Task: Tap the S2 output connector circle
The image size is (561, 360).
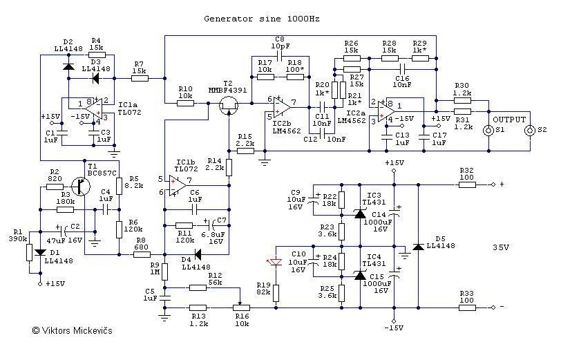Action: (x=530, y=130)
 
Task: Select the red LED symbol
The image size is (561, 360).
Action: (x=275, y=263)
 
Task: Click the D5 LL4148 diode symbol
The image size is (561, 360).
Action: (x=417, y=247)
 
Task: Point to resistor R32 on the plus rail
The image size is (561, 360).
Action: (x=467, y=184)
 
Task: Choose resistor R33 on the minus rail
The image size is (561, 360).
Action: (x=467, y=306)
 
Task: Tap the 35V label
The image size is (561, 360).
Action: (x=501, y=247)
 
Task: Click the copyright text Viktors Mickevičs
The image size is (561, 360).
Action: (x=72, y=330)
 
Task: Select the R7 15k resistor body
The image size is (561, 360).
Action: (x=140, y=79)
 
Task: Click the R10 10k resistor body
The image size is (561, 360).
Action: (x=185, y=102)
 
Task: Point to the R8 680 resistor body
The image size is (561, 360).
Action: (x=142, y=254)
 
